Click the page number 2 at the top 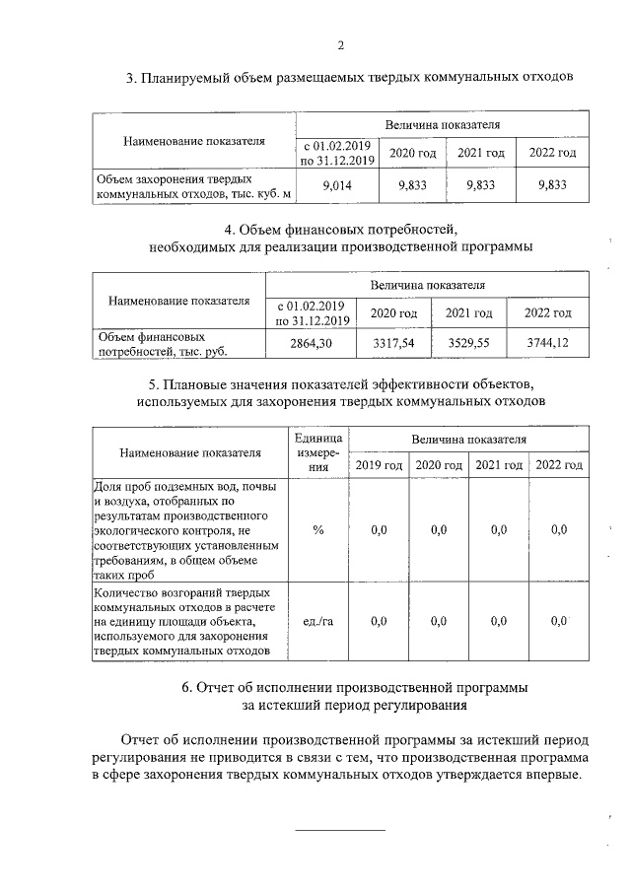click(x=341, y=45)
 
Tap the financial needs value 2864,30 click(x=312, y=342)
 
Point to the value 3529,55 click(x=468, y=342)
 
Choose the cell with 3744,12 click(x=548, y=342)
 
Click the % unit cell click(x=317, y=530)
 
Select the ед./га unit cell click(x=317, y=621)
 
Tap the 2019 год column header click(x=379, y=465)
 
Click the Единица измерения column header click(x=317, y=452)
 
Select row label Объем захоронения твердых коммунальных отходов click(x=193, y=186)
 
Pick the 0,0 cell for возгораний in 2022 click(x=559, y=621)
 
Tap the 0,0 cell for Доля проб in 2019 click(x=379, y=530)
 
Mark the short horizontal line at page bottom click(x=341, y=830)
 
